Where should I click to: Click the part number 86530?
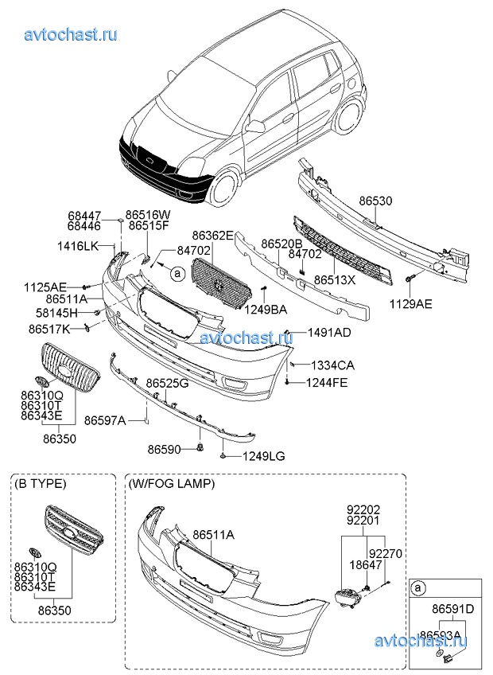[x=375, y=202]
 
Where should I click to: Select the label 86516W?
[x=149, y=215]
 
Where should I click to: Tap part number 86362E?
[x=212, y=236]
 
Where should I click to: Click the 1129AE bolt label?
[x=411, y=303]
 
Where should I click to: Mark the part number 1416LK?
[x=78, y=246]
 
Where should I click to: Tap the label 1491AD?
[x=329, y=331]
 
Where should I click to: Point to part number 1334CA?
[x=332, y=365]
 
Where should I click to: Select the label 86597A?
[x=105, y=420]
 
